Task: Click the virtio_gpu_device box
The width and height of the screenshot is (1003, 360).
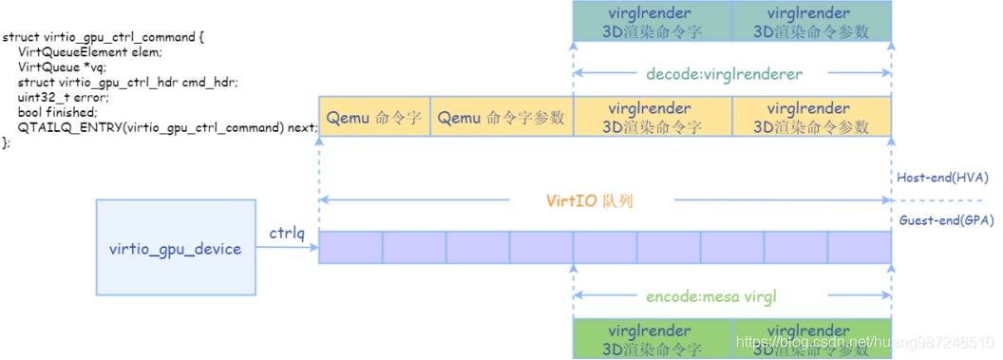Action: pos(176,249)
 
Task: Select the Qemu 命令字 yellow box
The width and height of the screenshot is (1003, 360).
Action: pos(374,119)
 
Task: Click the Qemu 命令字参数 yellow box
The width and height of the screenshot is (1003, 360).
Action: pos(501,119)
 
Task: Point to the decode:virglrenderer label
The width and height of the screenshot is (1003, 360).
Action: pos(732,72)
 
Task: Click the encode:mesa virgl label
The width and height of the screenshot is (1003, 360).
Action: pos(732,296)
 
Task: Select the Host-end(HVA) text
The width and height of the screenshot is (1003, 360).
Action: pos(944,178)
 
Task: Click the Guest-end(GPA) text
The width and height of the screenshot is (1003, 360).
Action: pos(945,220)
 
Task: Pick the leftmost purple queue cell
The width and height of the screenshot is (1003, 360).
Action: pos(350,247)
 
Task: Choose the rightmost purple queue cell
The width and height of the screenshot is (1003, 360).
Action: pos(859,247)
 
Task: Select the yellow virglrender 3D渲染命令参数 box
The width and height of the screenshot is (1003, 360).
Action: pos(812,119)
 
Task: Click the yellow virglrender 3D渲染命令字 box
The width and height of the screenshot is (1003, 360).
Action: pos(653,119)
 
